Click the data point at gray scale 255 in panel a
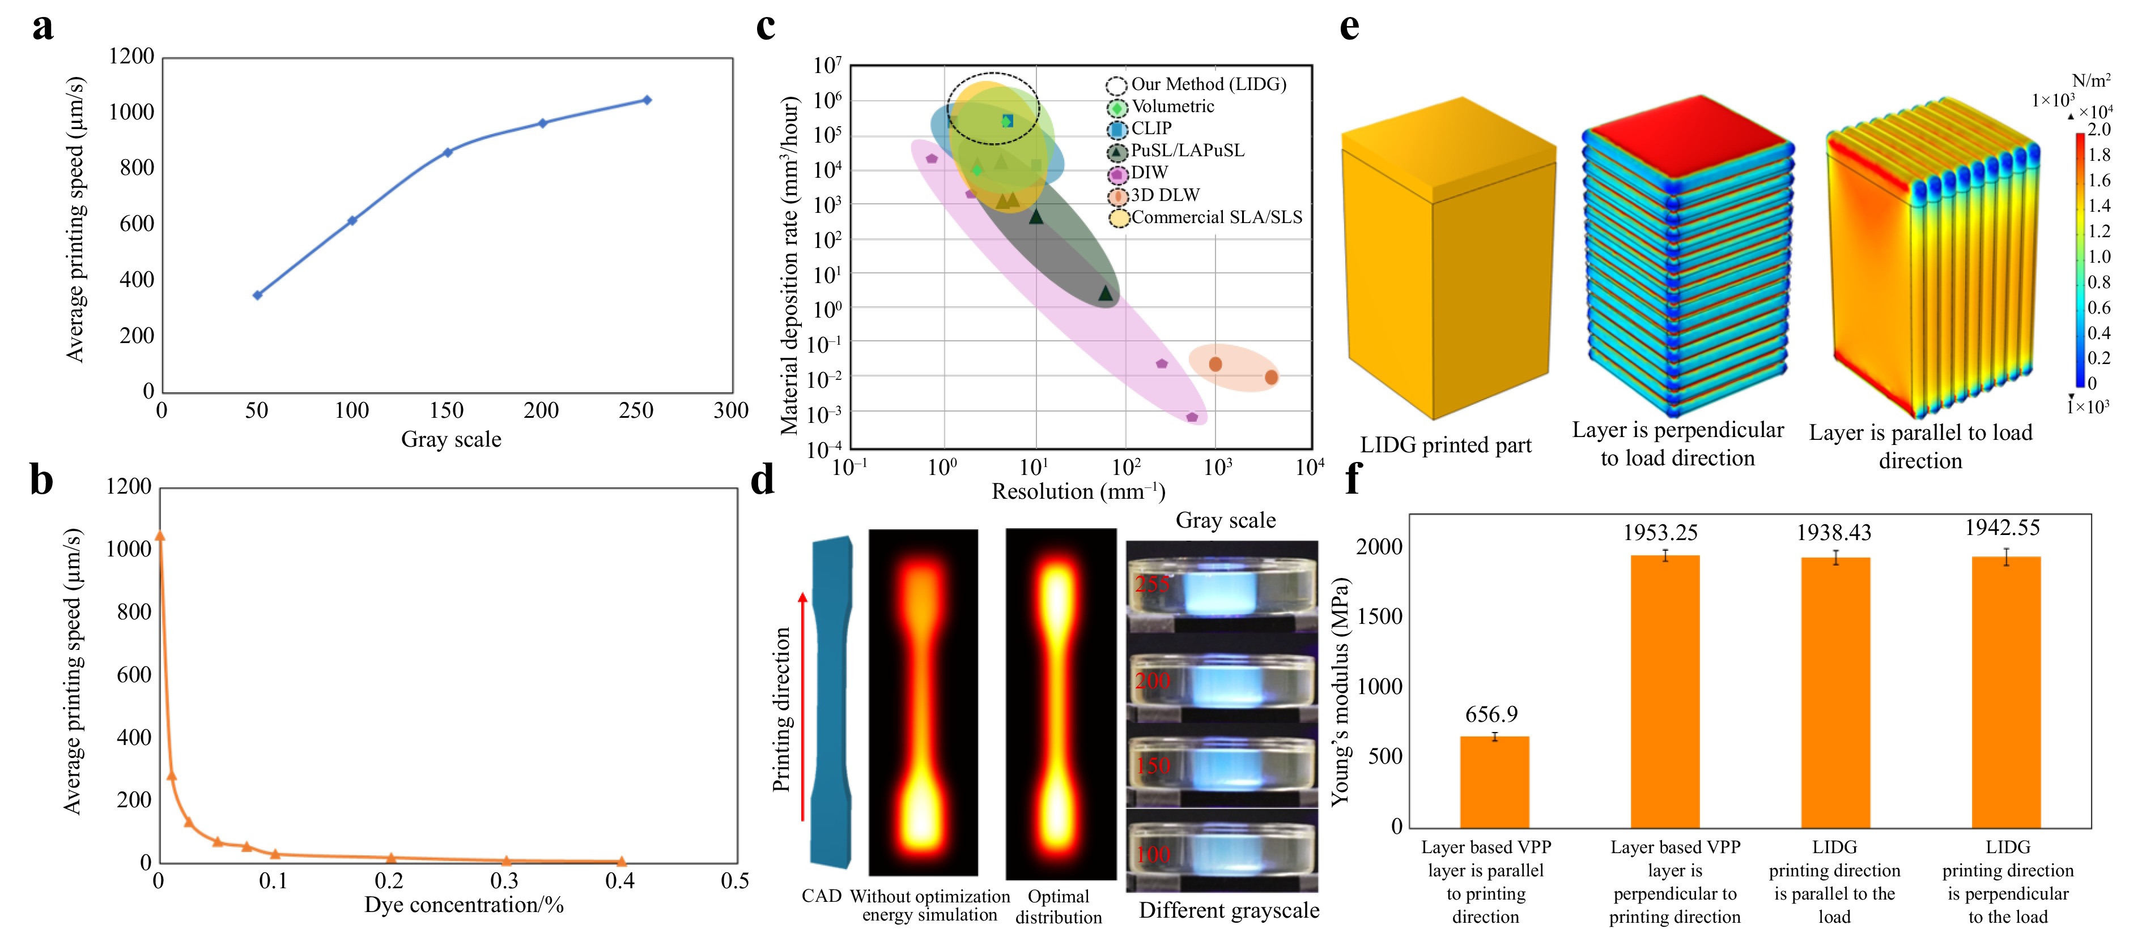(647, 101)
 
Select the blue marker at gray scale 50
(258, 295)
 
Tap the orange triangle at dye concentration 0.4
(621, 862)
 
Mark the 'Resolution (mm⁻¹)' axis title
(1078, 492)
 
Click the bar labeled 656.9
(1494, 781)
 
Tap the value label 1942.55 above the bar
(2001, 528)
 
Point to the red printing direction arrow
(802, 707)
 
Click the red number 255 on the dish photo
(1153, 584)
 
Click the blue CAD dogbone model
(831, 702)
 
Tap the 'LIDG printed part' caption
(1445, 446)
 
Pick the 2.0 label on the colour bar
(2099, 130)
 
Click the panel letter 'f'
(1353, 480)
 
